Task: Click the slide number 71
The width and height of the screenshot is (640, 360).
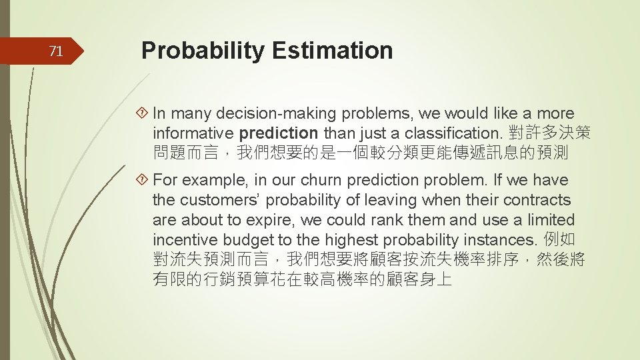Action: coord(57,51)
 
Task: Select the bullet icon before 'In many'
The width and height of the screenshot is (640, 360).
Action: coord(144,114)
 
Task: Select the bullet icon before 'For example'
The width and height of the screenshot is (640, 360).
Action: coord(144,181)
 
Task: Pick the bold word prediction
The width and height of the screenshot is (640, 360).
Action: coord(279,133)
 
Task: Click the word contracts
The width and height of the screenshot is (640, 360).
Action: coord(537,200)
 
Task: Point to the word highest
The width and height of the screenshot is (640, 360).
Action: coord(342,240)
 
